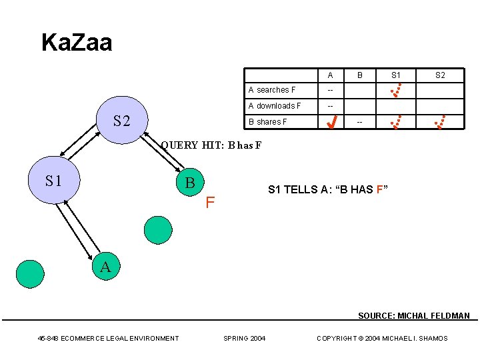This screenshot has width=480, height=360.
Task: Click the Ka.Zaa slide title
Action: coord(77,43)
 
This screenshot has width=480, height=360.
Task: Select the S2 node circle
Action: coord(121,120)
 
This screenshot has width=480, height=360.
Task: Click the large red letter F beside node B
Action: coord(210,201)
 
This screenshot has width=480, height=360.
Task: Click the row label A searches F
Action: coord(272,90)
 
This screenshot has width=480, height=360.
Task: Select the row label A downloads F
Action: coord(275,106)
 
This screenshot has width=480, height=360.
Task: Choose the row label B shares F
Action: coord(268,122)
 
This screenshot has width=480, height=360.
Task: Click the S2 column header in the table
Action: coord(440,75)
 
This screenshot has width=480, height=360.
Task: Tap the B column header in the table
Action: coord(359,75)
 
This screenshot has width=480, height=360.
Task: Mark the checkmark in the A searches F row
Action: coord(395,89)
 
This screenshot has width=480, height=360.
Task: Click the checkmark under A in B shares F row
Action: coord(330,122)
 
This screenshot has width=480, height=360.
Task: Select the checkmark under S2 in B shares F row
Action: coord(439,121)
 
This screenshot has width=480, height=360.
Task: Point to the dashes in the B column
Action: coord(360,123)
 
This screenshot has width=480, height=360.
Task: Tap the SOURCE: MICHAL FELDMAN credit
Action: coord(413,316)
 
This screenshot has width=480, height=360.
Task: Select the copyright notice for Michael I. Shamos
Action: coord(382,339)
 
